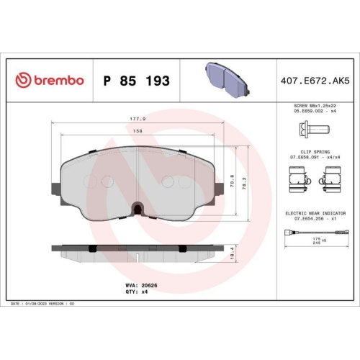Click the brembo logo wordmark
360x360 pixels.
(50, 81)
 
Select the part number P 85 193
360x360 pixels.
(136, 81)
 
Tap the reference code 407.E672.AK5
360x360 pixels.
(315, 81)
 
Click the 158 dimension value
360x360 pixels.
(137, 130)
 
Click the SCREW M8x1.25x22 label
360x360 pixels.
(314, 105)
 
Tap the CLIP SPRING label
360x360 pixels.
(315, 152)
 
